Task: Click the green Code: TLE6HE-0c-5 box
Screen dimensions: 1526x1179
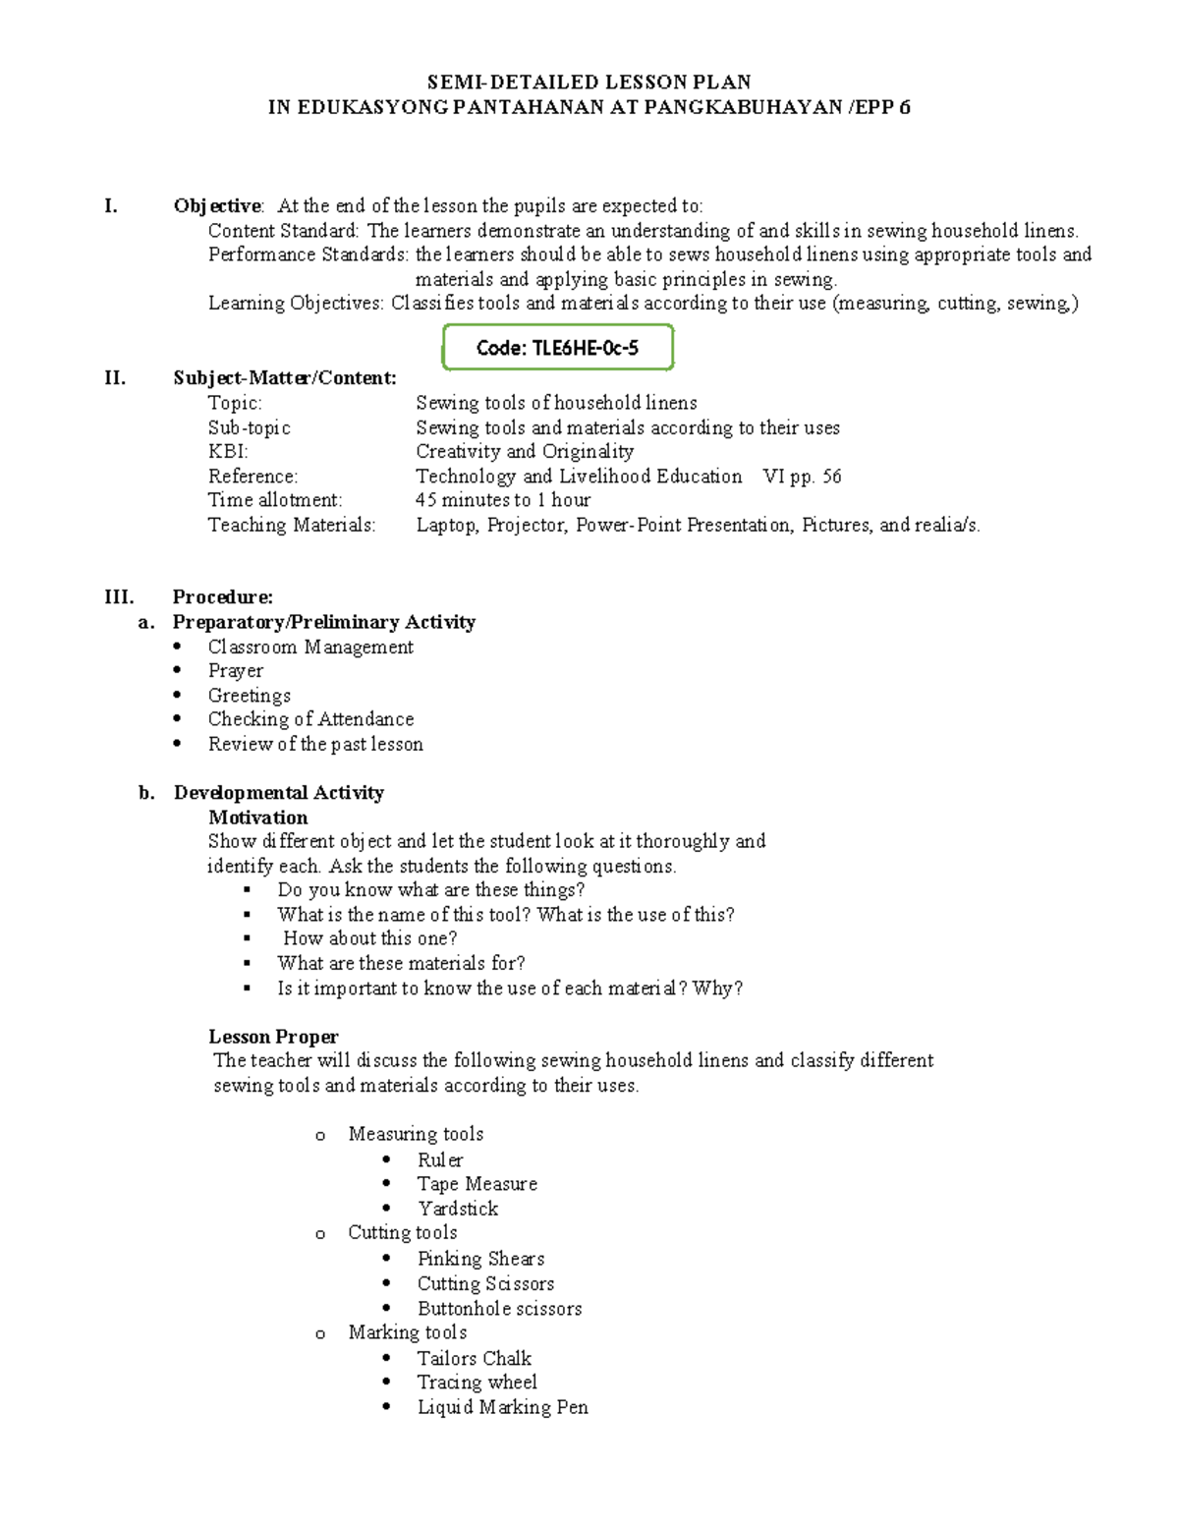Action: coord(557,348)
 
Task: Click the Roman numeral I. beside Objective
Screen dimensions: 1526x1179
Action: coord(111,205)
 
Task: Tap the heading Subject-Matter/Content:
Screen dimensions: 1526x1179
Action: coord(285,378)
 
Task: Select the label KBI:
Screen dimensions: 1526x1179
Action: coord(228,452)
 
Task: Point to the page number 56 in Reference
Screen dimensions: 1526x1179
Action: coord(831,477)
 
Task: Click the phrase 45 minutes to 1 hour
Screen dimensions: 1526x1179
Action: coord(503,500)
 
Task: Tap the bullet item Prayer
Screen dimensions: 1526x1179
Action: coord(236,671)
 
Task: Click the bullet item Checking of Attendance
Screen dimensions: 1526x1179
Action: coord(310,719)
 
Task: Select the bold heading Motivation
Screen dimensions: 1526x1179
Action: coord(257,818)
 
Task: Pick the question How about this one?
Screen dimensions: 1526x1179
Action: coord(369,938)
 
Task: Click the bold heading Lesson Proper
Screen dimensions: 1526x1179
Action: coord(273,1037)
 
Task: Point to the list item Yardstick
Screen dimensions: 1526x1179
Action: coord(458,1209)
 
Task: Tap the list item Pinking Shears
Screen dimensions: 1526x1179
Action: coord(480,1259)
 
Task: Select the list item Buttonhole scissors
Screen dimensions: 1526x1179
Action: coord(499,1309)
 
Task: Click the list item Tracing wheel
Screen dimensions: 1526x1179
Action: coord(477,1383)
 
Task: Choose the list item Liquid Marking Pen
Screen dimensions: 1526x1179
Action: coord(502,1407)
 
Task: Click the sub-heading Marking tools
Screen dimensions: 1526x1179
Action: coord(407,1332)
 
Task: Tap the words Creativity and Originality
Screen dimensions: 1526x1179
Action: coord(525,452)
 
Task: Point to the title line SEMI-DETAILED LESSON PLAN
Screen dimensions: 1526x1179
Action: coord(589,83)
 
